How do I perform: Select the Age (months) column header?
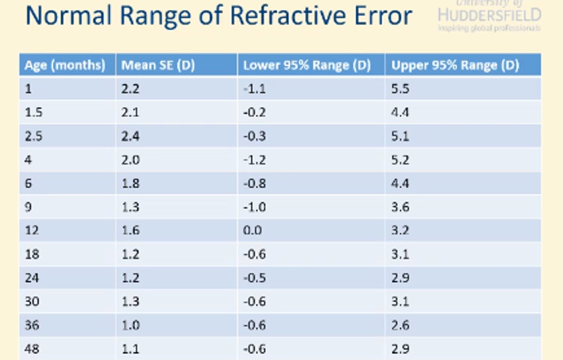(65, 65)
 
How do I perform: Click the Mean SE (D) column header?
(158, 65)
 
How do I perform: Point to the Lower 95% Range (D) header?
(307, 65)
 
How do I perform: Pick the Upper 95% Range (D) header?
(455, 65)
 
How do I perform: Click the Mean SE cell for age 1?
(130, 89)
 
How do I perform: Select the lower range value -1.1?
(255, 89)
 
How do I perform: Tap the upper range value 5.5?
(400, 89)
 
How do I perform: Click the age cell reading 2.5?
(34, 136)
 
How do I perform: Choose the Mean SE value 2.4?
(130, 136)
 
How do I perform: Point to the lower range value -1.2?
(255, 160)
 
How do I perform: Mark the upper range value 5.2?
(400, 160)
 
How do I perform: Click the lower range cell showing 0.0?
(253, 230)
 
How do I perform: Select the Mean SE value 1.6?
(130, 230)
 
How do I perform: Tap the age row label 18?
(32, 254)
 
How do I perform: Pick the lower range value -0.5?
(255, 278)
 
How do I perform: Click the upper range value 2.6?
(400, 325)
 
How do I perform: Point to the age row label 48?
(32, 349)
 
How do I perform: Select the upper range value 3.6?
(400, 207)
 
